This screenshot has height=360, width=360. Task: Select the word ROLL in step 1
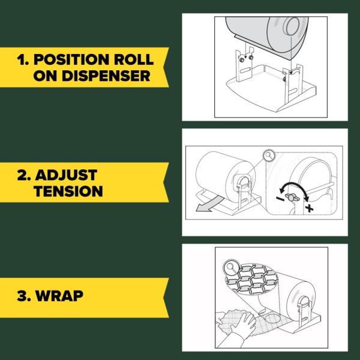pyautogui.click(x=134, y=59)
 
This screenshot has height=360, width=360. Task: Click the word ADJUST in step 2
pyautogui.click(x=66, y=175)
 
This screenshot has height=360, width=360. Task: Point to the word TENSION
pyautogui.click(x=68, y=191)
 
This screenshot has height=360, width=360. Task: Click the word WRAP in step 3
pyautogui.click(x=59, y=296)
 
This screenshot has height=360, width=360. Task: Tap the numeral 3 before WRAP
pyautogui.click(x=22, y=296)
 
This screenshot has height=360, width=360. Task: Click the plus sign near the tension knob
pyautogui.click(x=309, y=208)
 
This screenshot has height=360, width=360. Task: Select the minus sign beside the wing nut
pyautogui.click(x=280, y=199)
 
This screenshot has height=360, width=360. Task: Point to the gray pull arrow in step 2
pyautogui.click(x=208, y=204)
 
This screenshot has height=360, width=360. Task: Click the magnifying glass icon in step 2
pyautogui.click(x=269, y=156)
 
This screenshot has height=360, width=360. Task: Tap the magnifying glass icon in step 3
pyautogui.click(x=231, y=268)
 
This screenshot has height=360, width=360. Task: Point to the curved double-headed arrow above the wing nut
pyautogui.click(x=294, y=188)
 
